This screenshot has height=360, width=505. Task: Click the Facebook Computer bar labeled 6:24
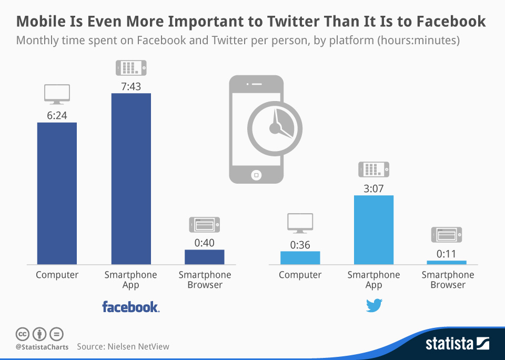[x=57, y=193]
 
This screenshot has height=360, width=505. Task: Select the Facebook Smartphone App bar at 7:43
[x=131, y=178]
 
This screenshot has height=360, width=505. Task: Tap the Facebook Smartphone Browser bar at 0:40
[x=205, y=257]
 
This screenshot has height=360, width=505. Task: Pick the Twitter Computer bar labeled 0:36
[x=300, y=257]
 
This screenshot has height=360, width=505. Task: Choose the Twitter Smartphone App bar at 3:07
[x=373, y=229]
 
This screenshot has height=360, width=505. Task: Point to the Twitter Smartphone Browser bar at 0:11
[x=447, y=262]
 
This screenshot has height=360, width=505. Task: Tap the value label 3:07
[x=373, y=188]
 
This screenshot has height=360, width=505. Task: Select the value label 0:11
[x=447, y=253]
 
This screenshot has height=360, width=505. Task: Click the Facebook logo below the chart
[x=130, y=307]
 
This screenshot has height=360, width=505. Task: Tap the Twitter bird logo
[x=374, y=305]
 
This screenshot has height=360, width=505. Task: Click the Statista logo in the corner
[x=457, y=344]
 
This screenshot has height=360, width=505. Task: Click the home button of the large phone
[x=256, y=174]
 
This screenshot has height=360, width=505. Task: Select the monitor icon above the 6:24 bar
[x=57, y=95]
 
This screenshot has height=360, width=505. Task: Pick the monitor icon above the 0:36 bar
[x=300, y=223]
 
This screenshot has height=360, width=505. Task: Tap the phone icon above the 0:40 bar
[x=205, y=225]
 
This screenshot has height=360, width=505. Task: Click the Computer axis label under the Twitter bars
[x=300, y=275]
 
